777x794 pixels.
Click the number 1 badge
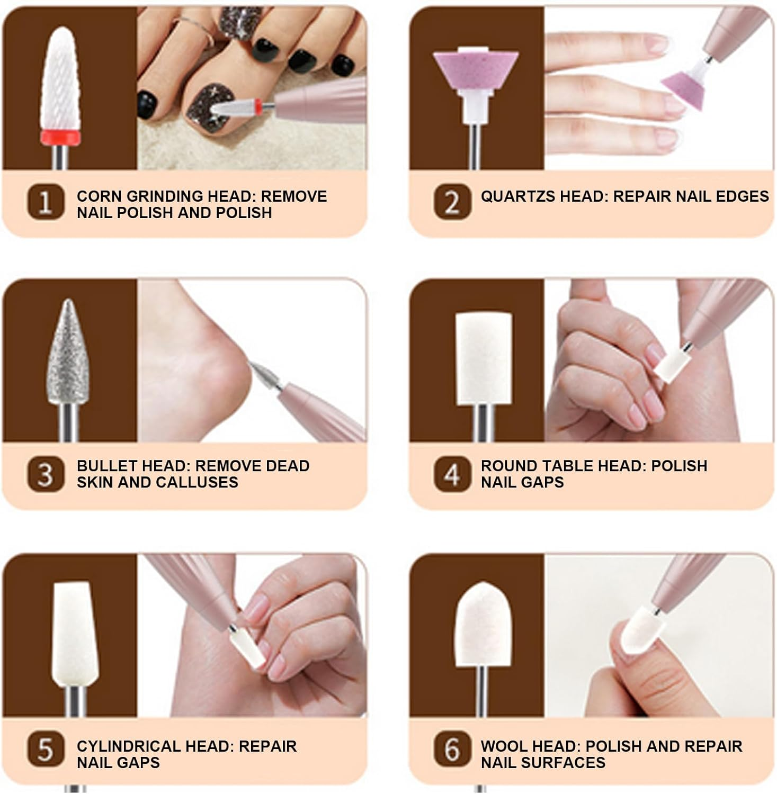click(x=46, y=202)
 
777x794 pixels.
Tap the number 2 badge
click(x=452, y=202)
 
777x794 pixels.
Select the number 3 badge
click(x=46, y=474)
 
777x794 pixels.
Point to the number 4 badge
click(x=452, y=474)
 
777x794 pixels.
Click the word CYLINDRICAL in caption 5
click(x=127, y=746)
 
